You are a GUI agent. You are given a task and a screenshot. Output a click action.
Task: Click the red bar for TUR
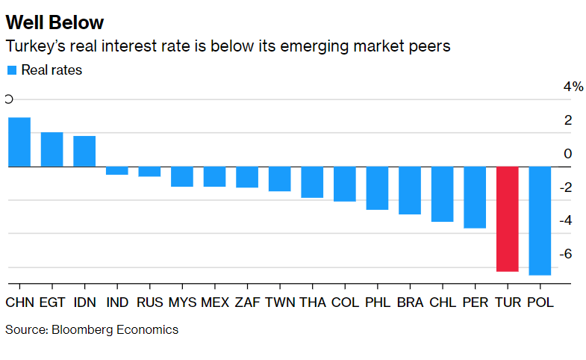(x=508, y=219)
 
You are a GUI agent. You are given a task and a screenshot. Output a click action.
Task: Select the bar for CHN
(x=19, y=142)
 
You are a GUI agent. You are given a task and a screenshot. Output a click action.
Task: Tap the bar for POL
(x=540, y=220)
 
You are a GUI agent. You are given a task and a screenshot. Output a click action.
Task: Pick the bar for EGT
(x=52, y=149)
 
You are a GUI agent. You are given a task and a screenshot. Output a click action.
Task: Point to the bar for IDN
(x=84, y=151)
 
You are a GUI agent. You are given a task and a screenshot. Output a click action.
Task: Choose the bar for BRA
(x=410, y=190)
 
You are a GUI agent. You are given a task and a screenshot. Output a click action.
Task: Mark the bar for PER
(x=475, y=197)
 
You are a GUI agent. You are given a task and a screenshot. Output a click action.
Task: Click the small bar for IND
(x=117, y=170)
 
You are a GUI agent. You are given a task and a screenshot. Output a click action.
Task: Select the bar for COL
(x=345, y=184)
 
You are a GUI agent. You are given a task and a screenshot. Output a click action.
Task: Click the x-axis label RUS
(x=150, y=302)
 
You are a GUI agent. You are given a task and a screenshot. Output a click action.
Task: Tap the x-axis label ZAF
(x=247, y=302)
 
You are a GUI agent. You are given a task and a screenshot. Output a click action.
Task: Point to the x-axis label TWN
(x=280, y=302)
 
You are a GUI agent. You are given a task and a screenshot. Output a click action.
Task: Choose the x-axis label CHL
(x=443, y=302)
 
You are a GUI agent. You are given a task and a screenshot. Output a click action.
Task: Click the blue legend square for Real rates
(x=12, y=70)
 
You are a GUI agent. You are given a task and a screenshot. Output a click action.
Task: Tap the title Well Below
(x=54, y=22)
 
